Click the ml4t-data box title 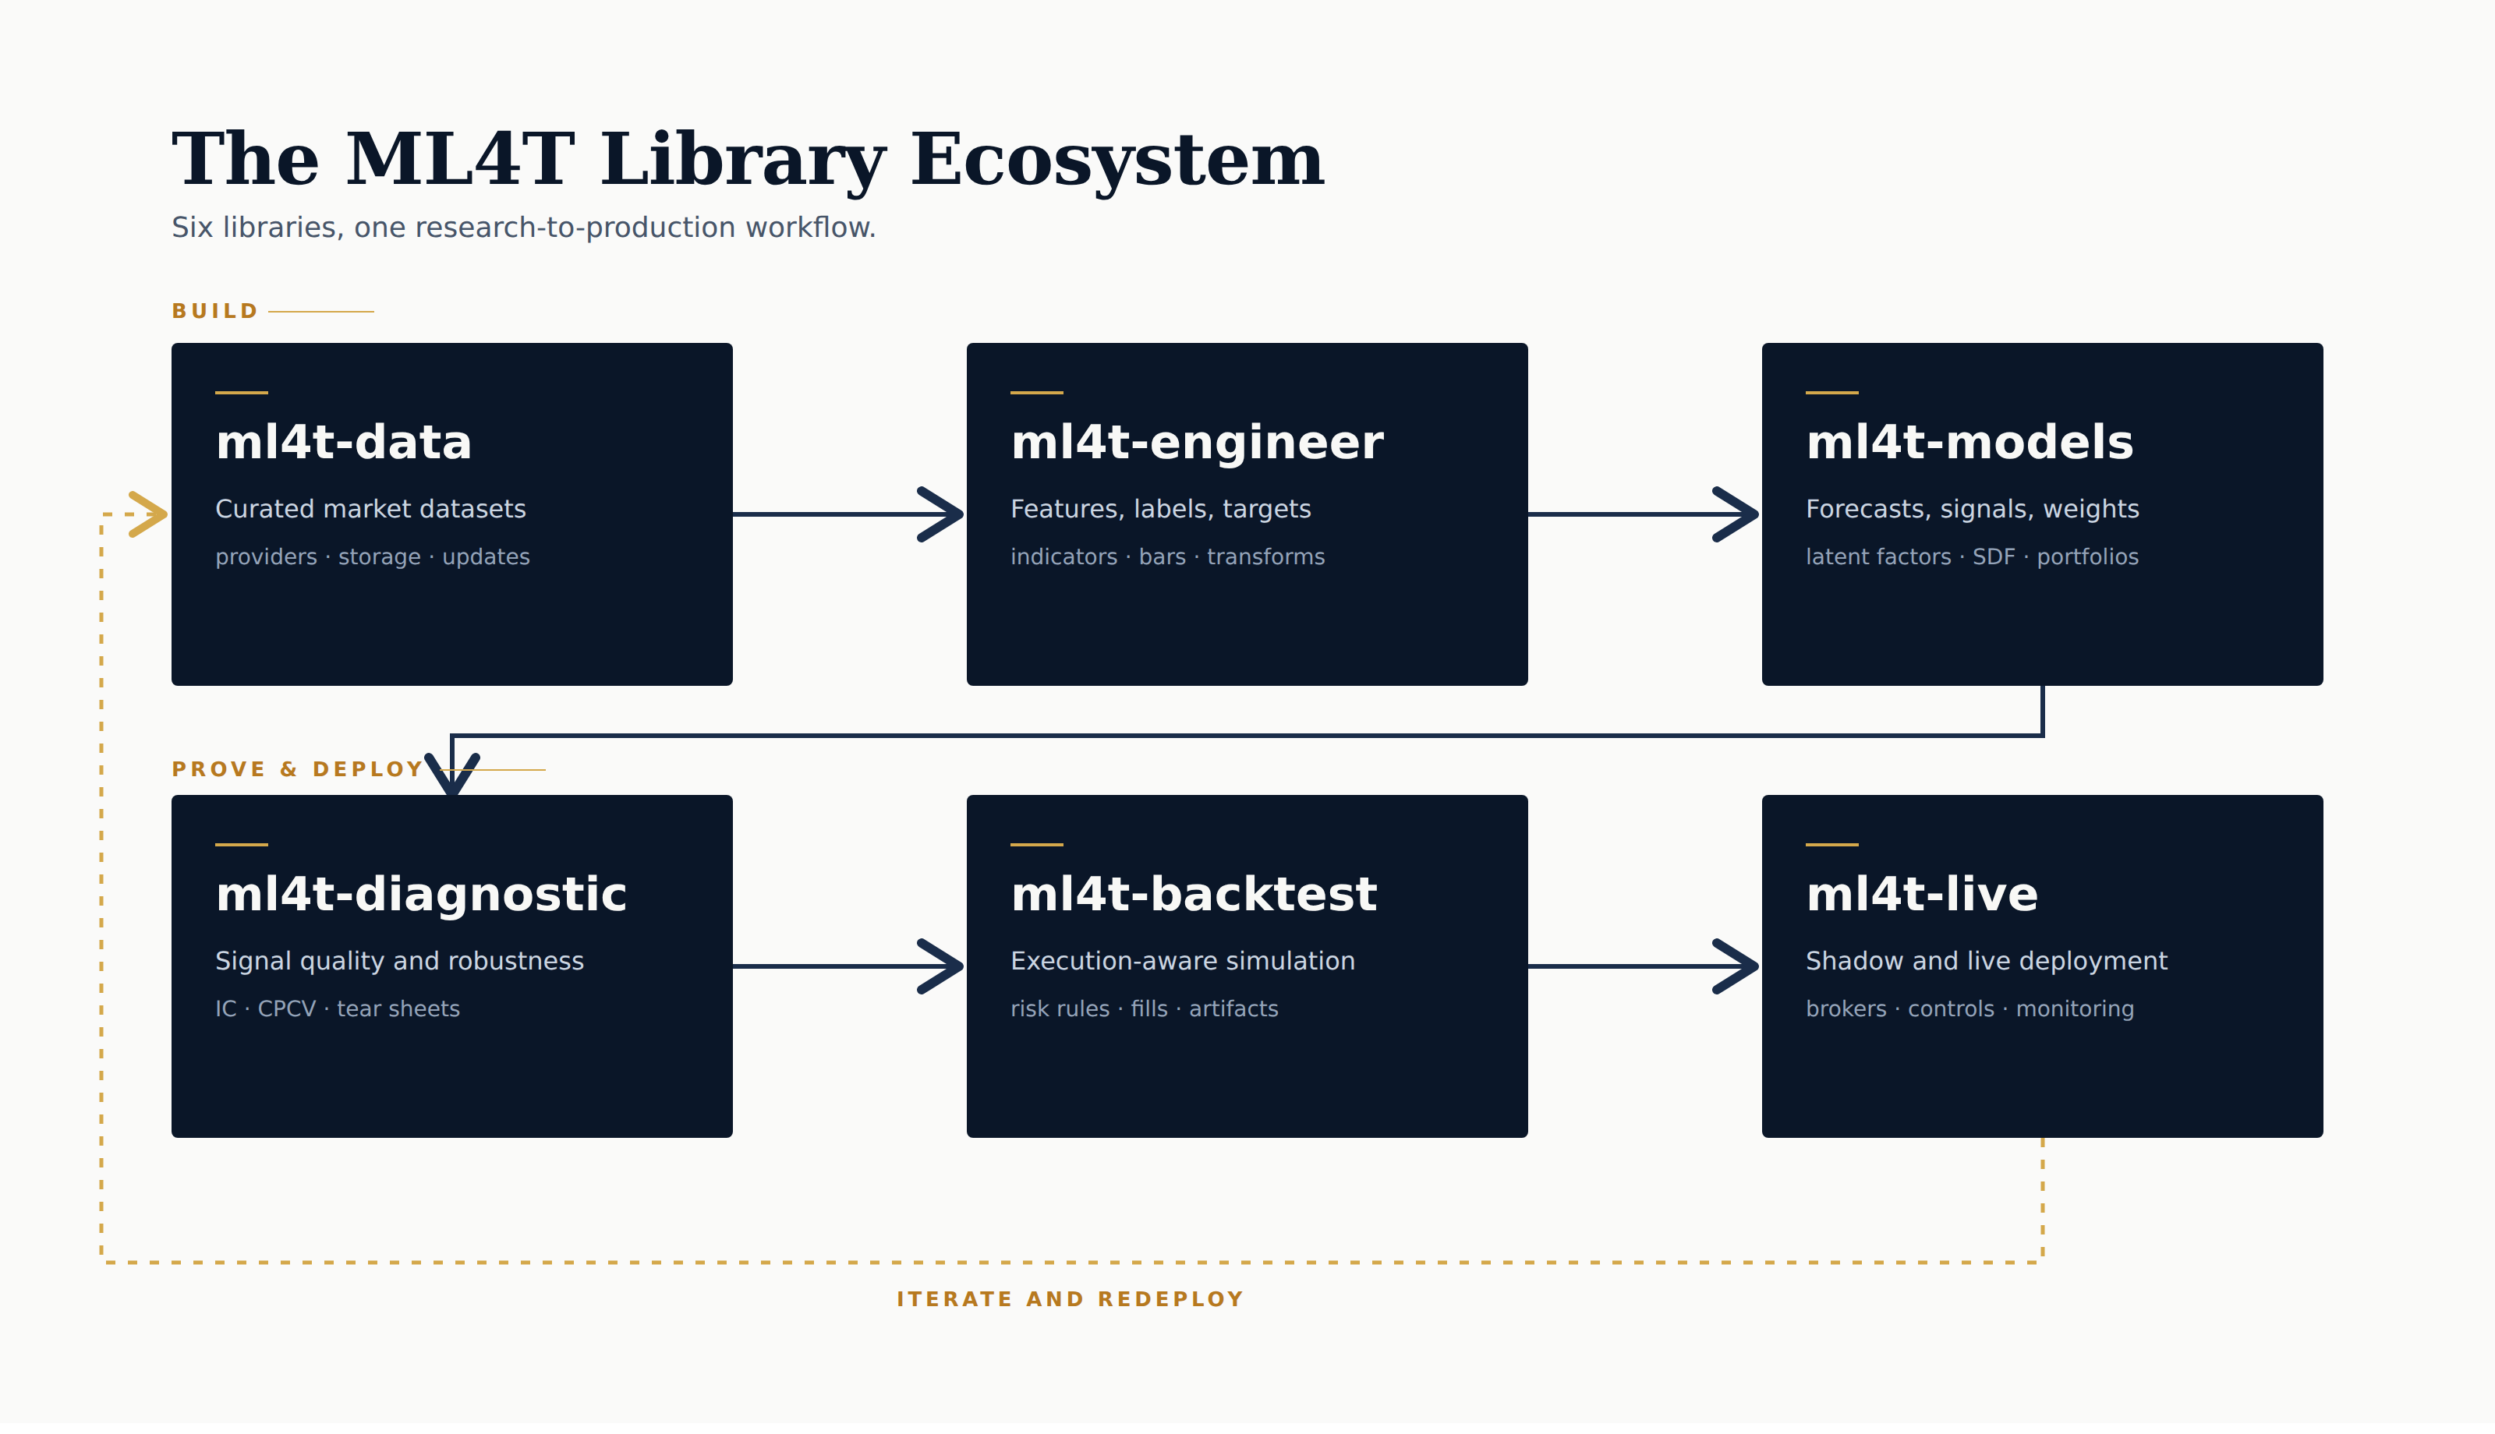[344, 442]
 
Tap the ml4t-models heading [1969, 442]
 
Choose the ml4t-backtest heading [1194, 894]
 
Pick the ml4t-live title [1922, 894]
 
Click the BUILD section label [214, 311]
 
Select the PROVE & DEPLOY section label [298, 769]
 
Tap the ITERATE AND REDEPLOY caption [1070, 1299]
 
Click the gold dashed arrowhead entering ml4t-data [149, 514]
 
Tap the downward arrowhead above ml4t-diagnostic [452, 775]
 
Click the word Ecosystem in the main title [1117, 160]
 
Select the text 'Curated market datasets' [370, 509]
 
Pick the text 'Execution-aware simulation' [1182, 961]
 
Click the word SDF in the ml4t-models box [1994, 557]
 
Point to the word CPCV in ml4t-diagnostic [287, 1009]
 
